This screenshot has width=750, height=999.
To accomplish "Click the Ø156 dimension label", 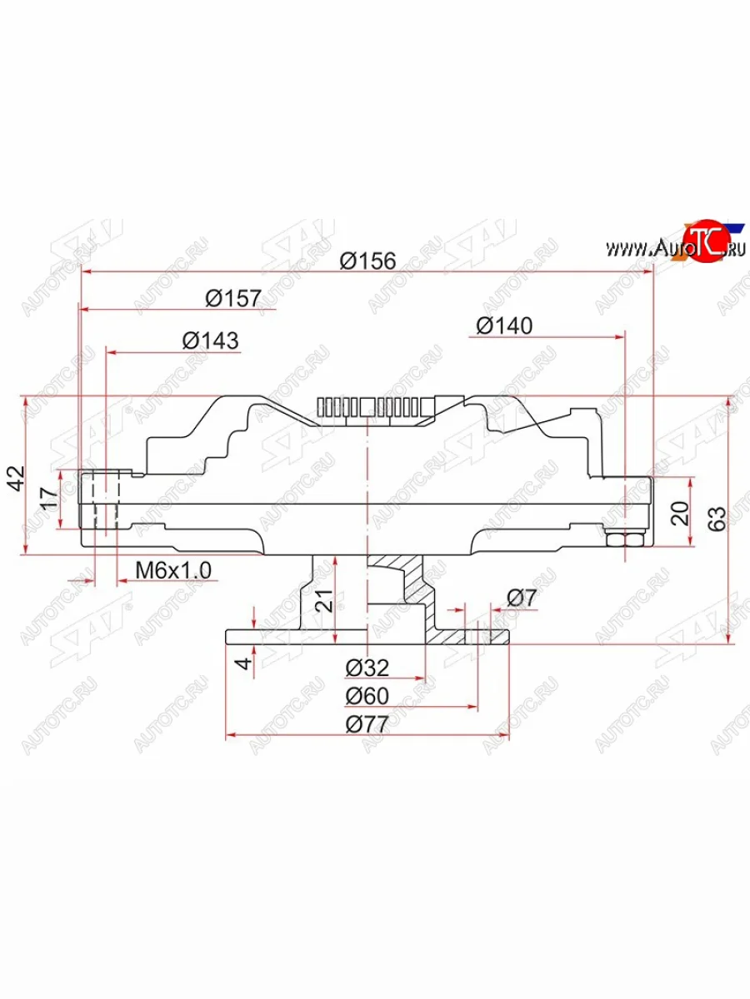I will (x=367, y=261).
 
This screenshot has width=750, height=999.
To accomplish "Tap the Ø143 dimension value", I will (x=210, y=340).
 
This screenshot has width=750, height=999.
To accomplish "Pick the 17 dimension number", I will (x=48, y=499).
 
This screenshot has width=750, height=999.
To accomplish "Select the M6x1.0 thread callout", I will (x=174, y=570).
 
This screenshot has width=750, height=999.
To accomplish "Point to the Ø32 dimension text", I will (x=367, y=668).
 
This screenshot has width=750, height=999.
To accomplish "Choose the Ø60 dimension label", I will (x=367, y=696).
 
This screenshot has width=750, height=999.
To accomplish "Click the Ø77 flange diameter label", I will (x=367, y=723).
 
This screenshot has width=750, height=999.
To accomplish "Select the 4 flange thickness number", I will (x=241, y=664).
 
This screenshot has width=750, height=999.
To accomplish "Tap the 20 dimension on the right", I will (x=681, y=513).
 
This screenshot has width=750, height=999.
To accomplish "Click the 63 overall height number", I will (x=717, y=518).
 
